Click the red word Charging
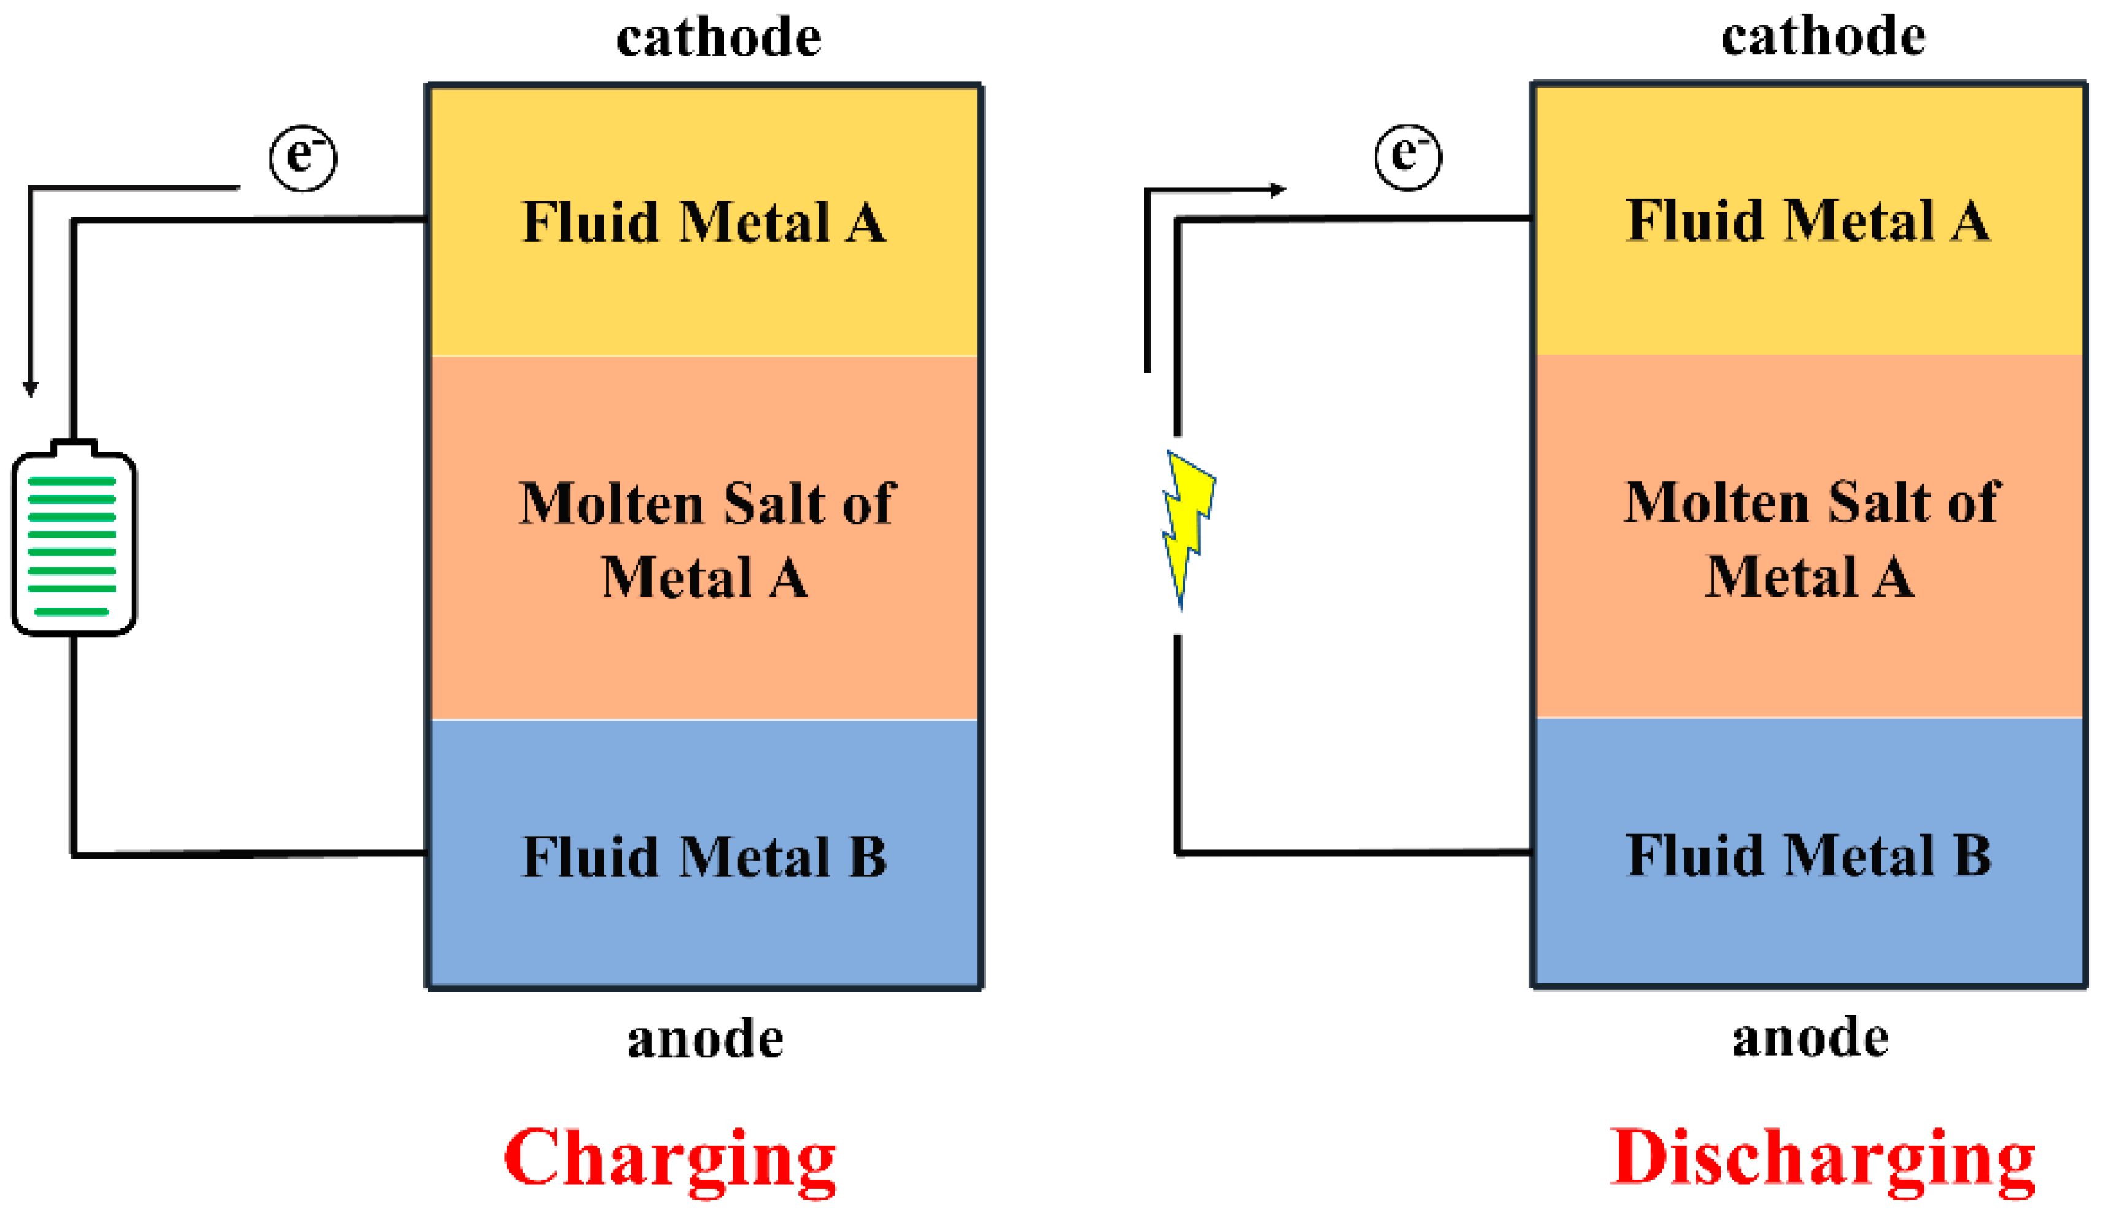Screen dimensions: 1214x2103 669,1159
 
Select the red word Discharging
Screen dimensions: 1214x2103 1821,1159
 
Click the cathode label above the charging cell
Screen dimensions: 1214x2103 719,37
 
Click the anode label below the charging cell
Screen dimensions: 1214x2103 705,1040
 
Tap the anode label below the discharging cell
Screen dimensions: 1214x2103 1810,1038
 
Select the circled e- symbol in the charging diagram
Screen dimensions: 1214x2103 303,158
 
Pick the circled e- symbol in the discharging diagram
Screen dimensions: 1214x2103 1408,156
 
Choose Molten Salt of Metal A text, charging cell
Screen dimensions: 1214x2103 705,539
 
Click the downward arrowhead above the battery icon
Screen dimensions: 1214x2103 31,389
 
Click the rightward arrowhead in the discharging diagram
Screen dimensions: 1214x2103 1277,190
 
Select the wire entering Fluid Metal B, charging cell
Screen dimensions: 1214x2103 250,854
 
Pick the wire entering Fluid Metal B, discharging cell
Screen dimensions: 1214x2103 1354,852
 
